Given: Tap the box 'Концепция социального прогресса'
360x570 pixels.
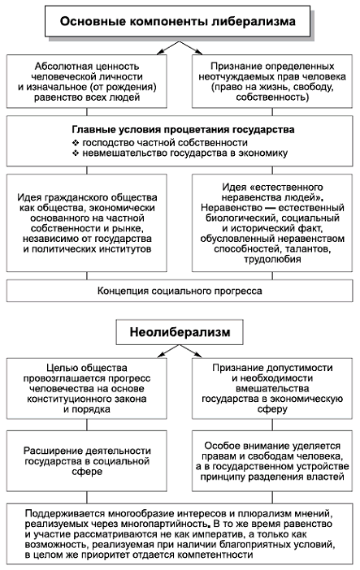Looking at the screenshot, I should click(x=180, y=291).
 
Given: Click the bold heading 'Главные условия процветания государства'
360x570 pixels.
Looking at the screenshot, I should click(x=180, y=129).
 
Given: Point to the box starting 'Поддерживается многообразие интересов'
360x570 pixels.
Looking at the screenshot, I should click(x=180, y=533).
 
